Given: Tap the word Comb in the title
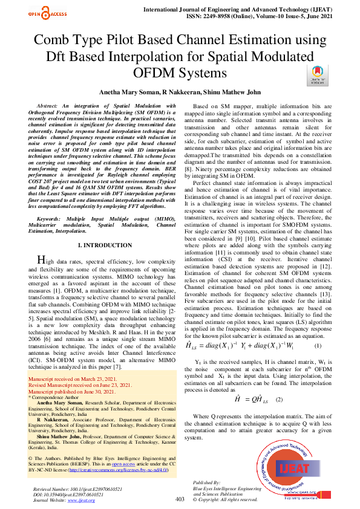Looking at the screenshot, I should [50, 41].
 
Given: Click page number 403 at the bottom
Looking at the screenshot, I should [213, 499].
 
